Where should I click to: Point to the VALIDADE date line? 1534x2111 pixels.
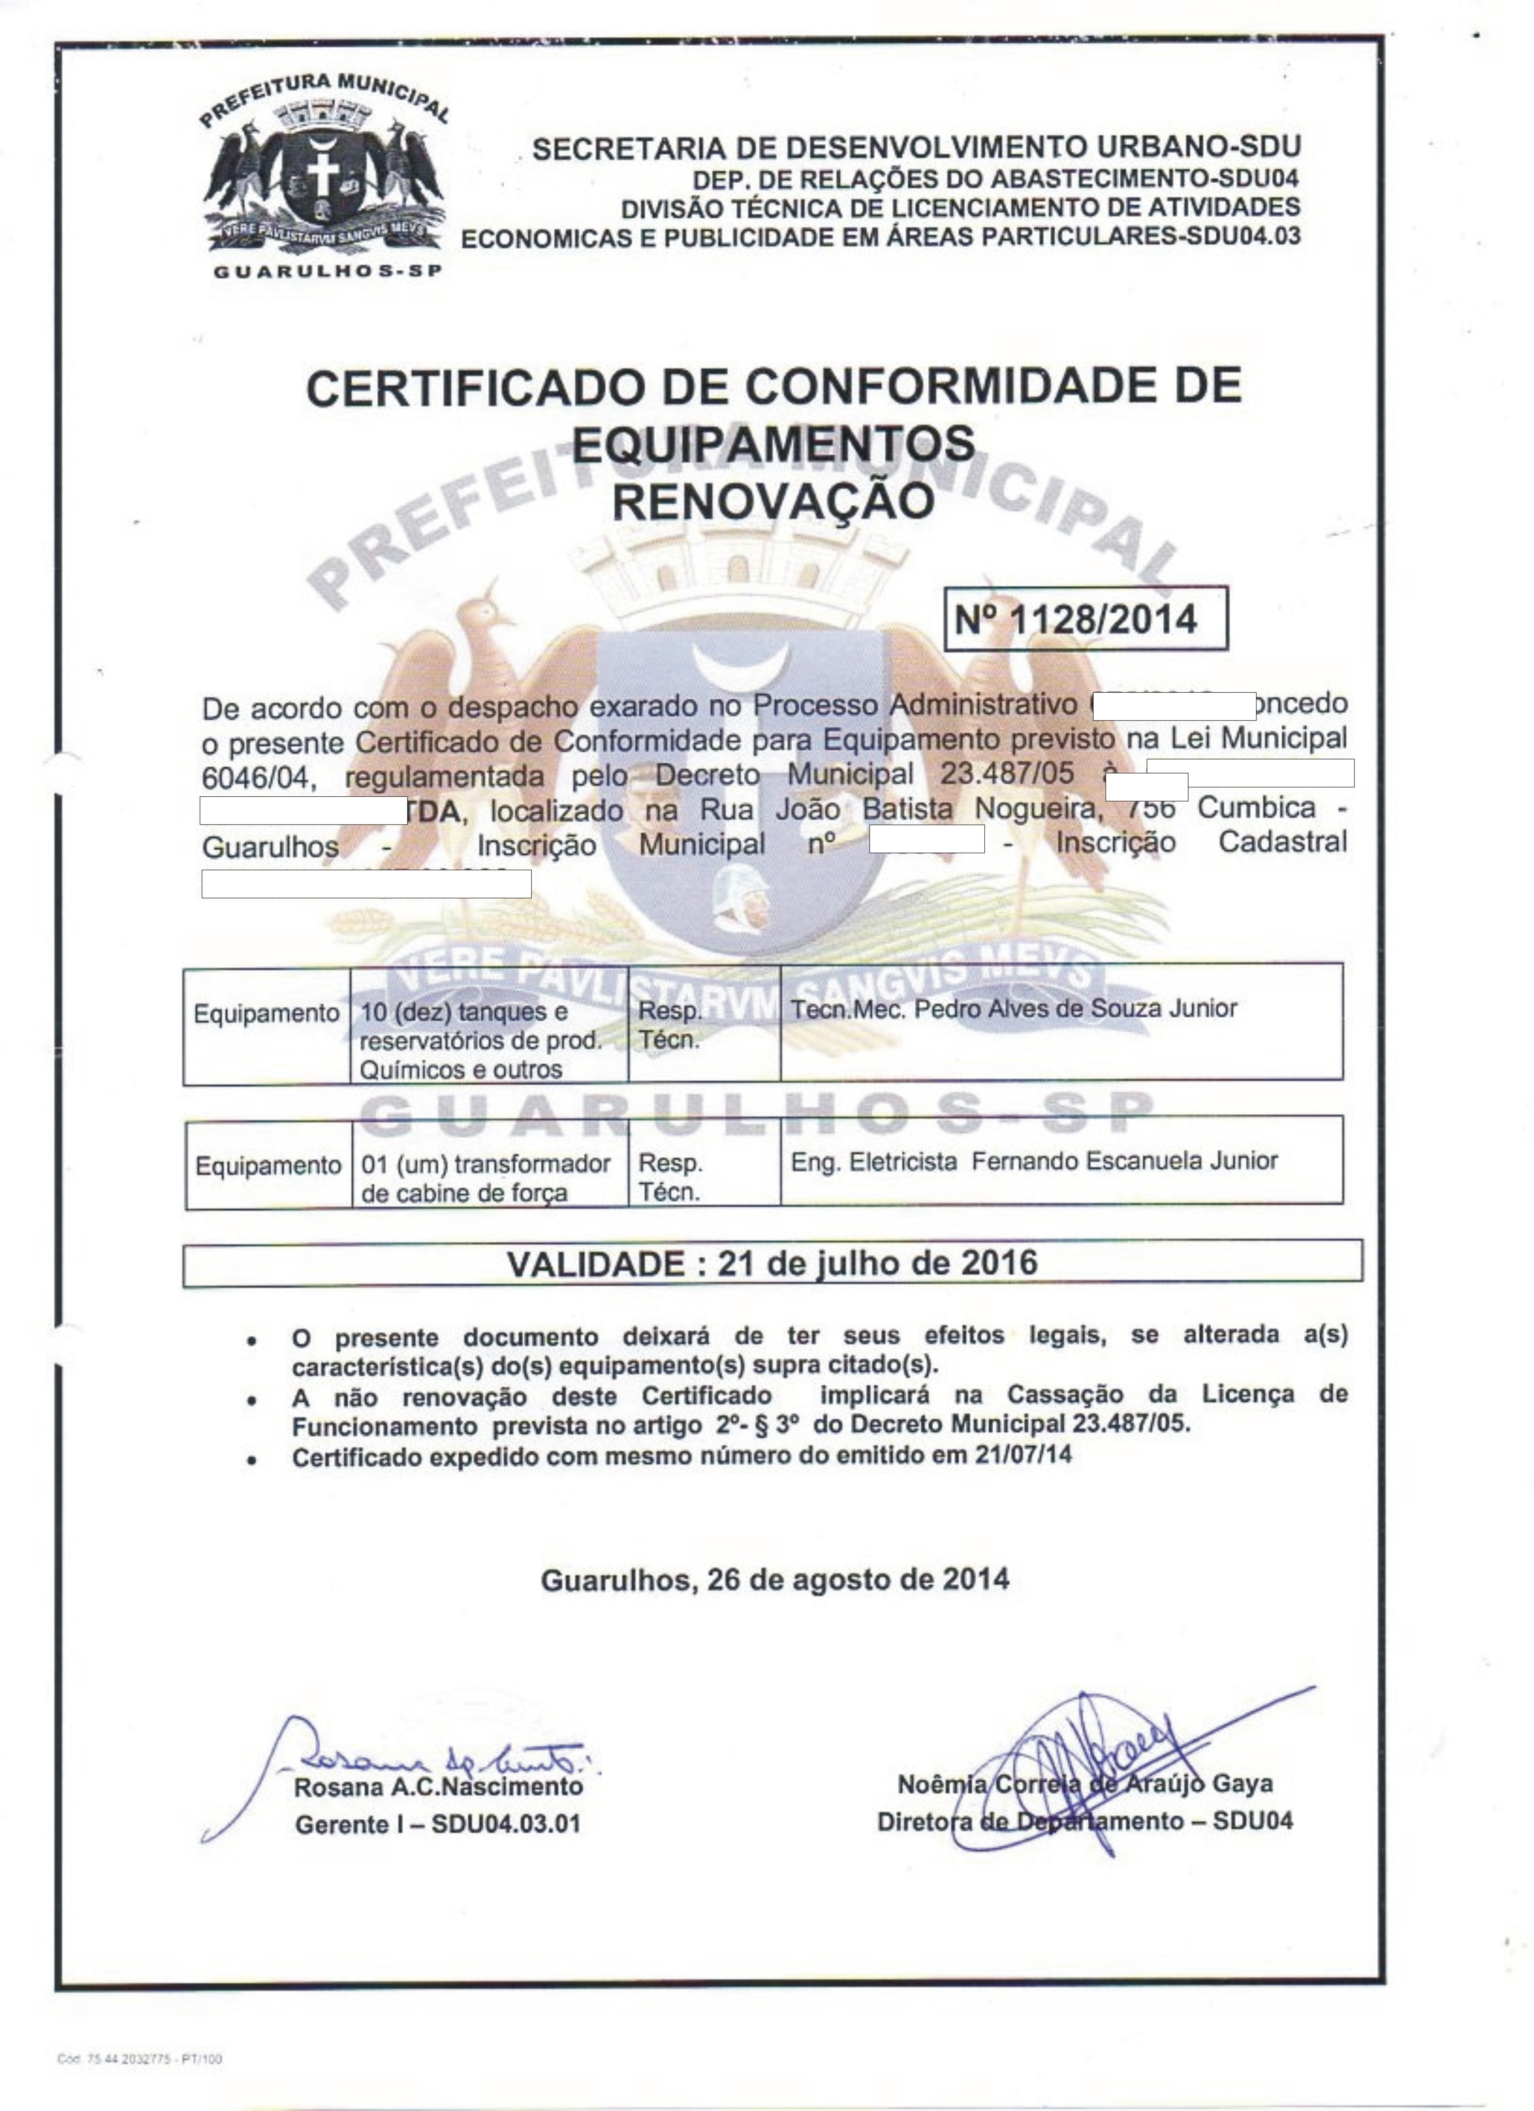click(x=772, y=1263)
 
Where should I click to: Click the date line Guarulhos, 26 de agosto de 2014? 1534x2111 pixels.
click(x=775, y=1580)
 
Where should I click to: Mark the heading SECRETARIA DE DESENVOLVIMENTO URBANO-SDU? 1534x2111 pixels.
click(x=916, y=147)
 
